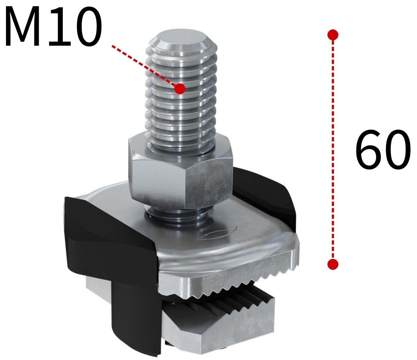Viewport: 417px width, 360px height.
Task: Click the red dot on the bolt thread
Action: point(180,89)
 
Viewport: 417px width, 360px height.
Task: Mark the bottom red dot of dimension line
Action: point(332,264)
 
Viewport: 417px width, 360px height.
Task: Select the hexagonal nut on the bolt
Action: point(181,172)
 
